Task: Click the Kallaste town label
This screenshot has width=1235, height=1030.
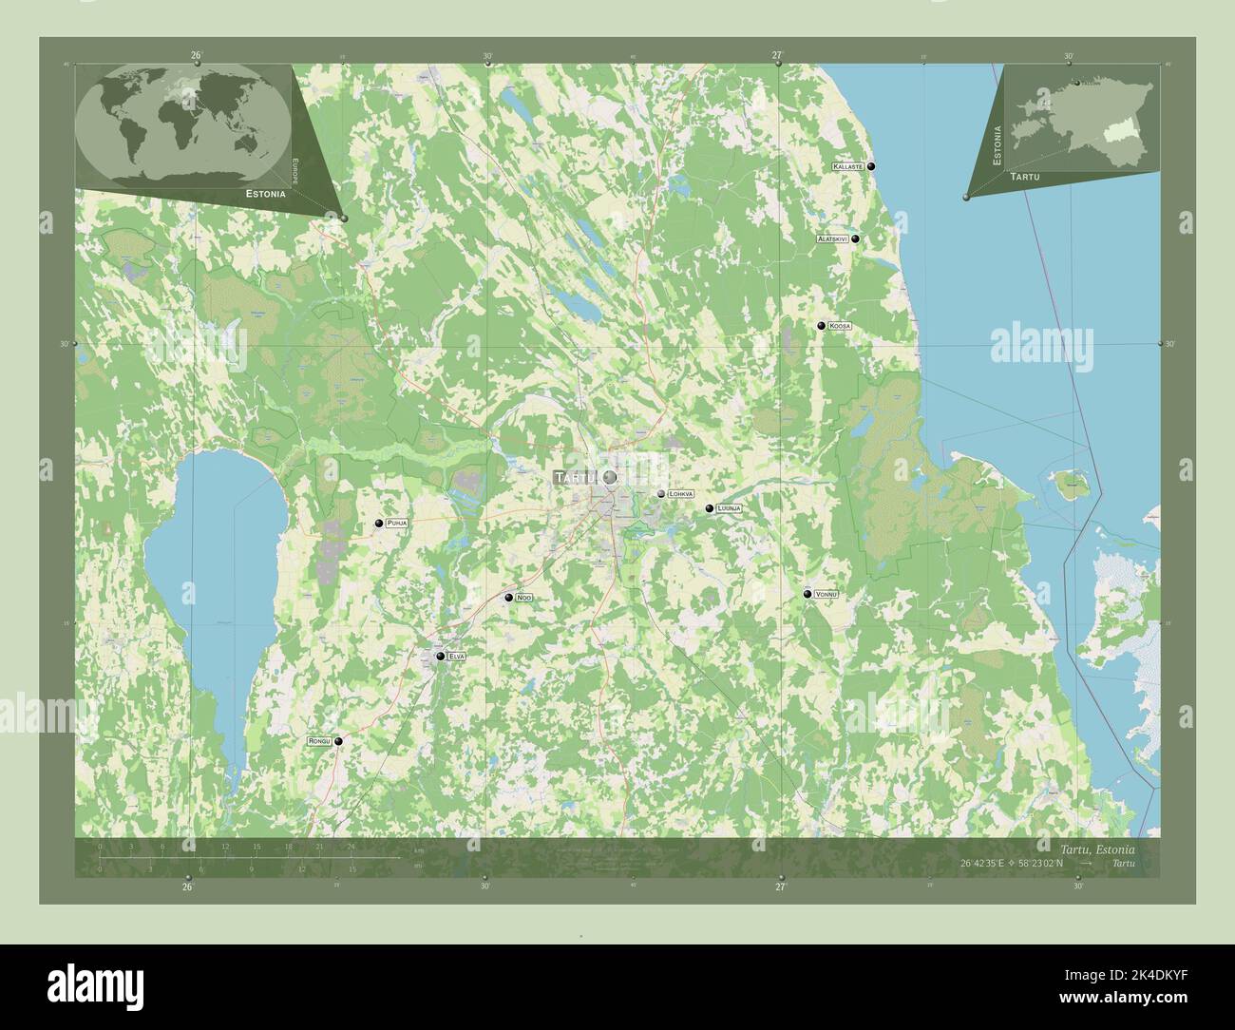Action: pyautogui.click(x=846, y=166)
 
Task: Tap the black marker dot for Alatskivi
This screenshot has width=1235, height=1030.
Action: pyautogui.click(x=856, y=239)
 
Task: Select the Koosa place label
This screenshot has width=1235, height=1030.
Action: pyautogui.click(x=839, y=326)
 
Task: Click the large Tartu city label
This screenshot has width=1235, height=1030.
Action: pyautogui.click(x=575, y=477)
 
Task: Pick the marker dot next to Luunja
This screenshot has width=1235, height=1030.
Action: pyautogui.click(x=709, y=509)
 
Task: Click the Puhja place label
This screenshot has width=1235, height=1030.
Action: pyautogui.click(x=398, y=524)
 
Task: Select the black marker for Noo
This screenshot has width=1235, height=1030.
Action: pyautogui.click(x=509, y=598)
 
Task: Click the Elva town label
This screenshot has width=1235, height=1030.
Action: pyautogui.click(x=457, y=657)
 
